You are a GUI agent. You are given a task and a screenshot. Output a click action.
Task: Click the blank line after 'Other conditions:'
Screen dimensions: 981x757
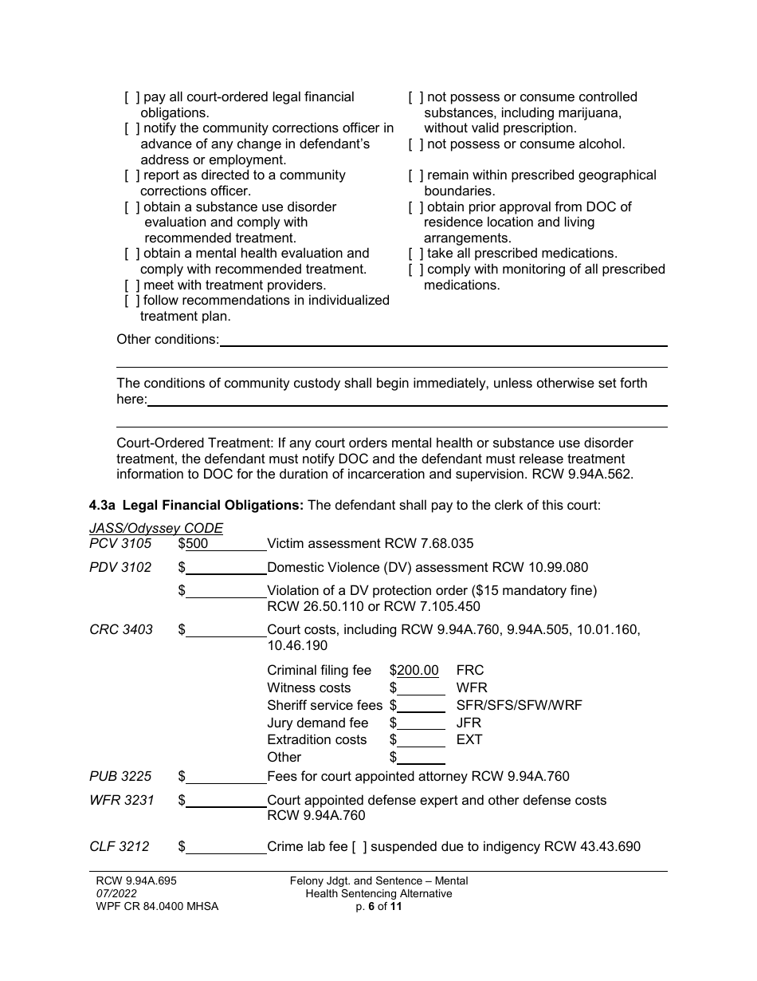(x=443, y=340)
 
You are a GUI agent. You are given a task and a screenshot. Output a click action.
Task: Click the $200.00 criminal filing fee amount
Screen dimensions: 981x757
(x=418, y=671)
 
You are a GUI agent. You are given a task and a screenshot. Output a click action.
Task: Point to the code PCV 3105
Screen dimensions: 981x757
(x=120, y=544)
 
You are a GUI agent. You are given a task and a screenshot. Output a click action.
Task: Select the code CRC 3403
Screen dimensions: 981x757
(x=120, y=630)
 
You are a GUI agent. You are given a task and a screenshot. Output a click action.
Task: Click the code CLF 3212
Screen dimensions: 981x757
(x=120, y=847)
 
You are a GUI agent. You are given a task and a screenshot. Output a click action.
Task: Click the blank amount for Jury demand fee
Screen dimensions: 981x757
(x=421, y=723)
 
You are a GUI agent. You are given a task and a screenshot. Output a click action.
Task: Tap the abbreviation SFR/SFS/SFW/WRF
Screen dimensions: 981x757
(x=519, y=706)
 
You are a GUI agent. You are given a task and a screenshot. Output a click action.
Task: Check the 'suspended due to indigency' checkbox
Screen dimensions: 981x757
(x=359, y=847)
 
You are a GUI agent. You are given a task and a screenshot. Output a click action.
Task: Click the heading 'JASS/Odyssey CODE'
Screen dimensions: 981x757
(x=156, y=528)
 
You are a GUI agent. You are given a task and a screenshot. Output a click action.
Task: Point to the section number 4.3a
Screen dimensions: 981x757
(x=103, y=505)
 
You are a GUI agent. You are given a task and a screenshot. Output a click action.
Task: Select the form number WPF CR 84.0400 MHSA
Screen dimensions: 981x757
(x=156, y=907)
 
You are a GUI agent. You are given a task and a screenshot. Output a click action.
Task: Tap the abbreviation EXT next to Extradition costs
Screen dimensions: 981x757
(x=469, y=740)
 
